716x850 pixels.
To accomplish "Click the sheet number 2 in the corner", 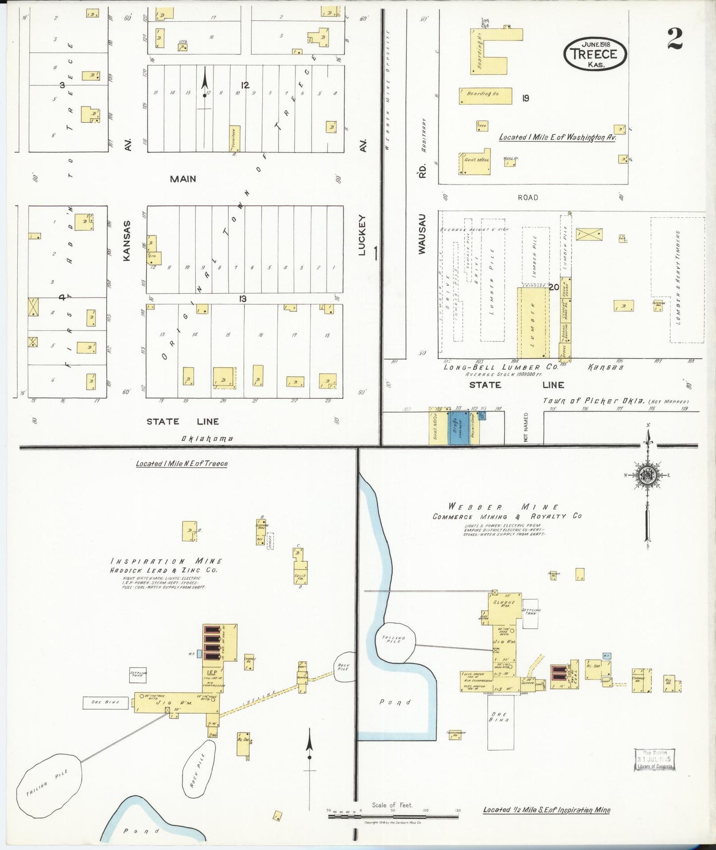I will click(674, 39).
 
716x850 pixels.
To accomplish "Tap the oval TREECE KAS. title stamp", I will click(595, 54).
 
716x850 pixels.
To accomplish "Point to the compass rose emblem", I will click(647, 475).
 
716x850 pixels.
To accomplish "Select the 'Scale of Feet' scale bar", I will click(392, 815).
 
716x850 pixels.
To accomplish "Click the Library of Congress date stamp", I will click(654, 759).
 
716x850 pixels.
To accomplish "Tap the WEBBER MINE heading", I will click(504, 507).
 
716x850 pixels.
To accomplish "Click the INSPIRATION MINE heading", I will click(166, 561).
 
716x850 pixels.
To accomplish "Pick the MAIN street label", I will click(183, 179).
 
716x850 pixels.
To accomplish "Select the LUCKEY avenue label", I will click(362, 235).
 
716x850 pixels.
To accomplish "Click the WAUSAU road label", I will click(422, 234).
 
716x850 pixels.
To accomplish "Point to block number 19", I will click(525, 98).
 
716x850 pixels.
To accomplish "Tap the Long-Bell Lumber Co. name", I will click(500, 367).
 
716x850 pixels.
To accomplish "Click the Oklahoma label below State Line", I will click(207, 438).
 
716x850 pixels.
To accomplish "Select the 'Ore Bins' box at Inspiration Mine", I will click(106, 702).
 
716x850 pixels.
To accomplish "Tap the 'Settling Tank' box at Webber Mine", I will click(530, 613).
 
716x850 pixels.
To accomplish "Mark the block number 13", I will click(242, 299).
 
